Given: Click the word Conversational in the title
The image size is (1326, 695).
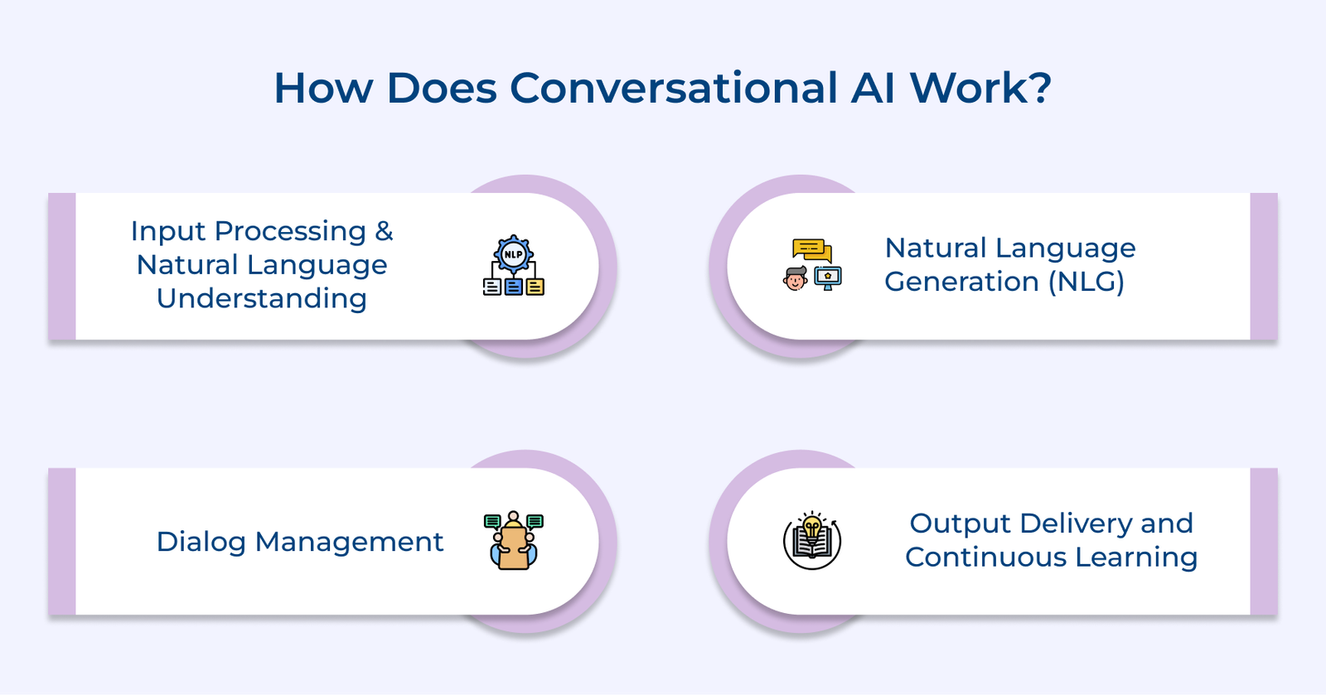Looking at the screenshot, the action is (x=674, y=88).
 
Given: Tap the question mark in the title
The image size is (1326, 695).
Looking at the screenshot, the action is (x=1039, y=88).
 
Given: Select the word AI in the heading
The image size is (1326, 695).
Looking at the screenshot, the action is (x=873, y=88).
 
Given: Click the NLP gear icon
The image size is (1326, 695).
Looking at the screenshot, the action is (x=513, y=254).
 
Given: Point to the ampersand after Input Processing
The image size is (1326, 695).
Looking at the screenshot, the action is (x=384, y=230).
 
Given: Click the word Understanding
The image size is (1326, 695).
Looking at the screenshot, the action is (x=262, y=299).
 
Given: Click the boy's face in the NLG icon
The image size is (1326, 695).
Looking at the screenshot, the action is (x=795, y=279).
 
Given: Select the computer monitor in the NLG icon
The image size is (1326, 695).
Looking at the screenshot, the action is (x=828, y=278).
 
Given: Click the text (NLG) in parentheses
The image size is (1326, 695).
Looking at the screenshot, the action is (x=1086, y=282).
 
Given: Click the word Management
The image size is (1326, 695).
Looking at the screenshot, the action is (x=349, y=542).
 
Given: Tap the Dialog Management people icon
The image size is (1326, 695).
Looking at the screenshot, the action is (x=513, y=541).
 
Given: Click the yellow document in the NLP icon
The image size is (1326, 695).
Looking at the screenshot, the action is (x=535, y=287).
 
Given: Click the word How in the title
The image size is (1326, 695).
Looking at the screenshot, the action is (x=323, y=88).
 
